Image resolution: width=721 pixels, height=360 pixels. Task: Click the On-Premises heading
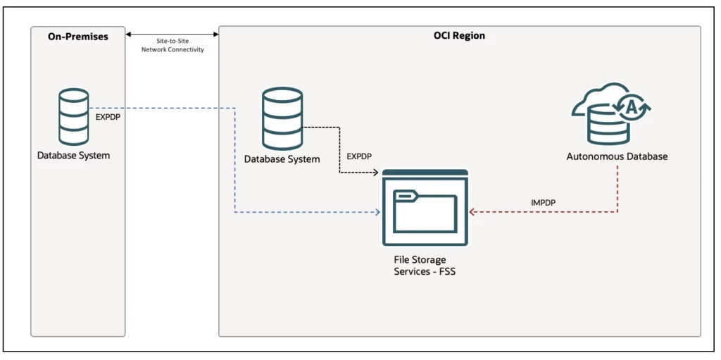coord(77,36)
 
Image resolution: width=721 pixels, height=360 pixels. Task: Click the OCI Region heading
coord(459,35)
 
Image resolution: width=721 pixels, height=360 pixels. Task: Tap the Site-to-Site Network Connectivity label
coord(173,46)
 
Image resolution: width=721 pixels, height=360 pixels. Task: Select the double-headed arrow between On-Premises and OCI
coord(173,34)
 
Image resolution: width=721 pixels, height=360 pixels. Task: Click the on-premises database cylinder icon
coord(74,116)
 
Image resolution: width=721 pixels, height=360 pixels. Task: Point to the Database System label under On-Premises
coord(74,155)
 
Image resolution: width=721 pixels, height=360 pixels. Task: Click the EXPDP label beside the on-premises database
coord(108,118)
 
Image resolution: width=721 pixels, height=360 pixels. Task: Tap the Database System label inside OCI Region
coord(282,159)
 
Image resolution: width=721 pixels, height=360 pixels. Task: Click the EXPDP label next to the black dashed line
coord(359,156)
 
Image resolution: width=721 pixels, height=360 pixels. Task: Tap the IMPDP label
coord(544,203)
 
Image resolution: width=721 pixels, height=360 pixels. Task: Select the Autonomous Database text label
coord(617,156)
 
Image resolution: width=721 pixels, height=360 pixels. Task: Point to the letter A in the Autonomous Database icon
coord(632,107)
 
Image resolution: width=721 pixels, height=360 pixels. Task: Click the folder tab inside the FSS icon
coord(404,195)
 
